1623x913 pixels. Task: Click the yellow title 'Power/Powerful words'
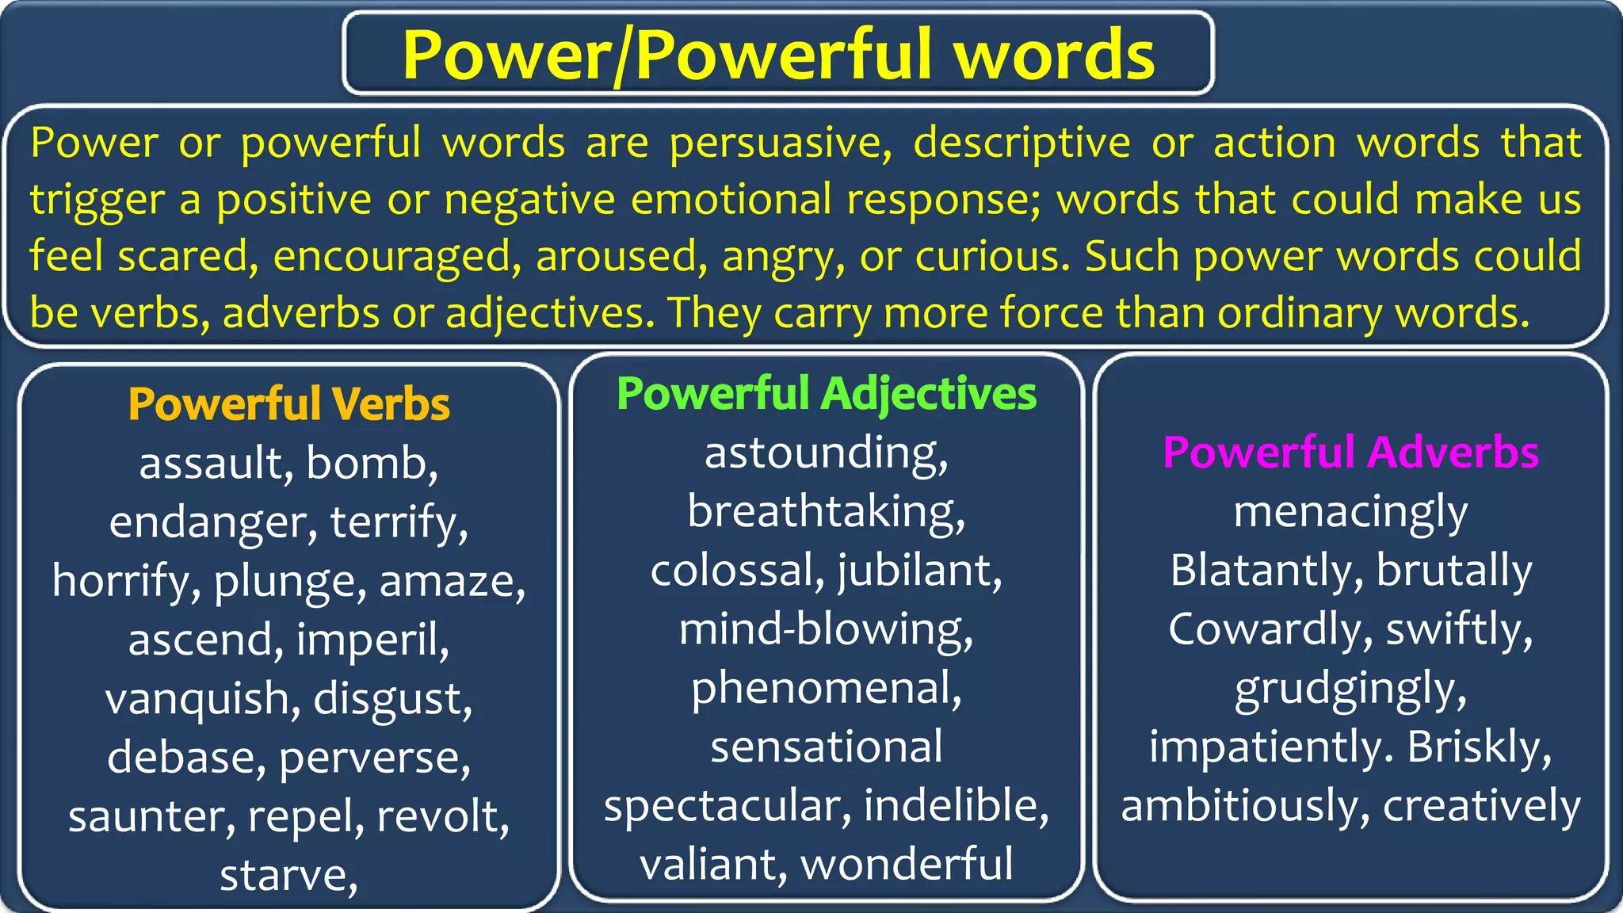[x=777, y=54]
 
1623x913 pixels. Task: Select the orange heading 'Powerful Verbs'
[x=288, y=404]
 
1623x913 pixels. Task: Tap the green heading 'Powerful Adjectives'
[x=826, y=393]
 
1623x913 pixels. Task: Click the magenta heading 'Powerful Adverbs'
[x=1350, y=453]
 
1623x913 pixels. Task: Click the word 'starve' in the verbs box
[x=283, y=875]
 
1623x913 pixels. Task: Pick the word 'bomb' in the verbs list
[x=370, y=463]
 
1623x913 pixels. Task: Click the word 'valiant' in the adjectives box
[x=710, y=864]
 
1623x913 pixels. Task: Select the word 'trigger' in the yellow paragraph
[x=97, y=201]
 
